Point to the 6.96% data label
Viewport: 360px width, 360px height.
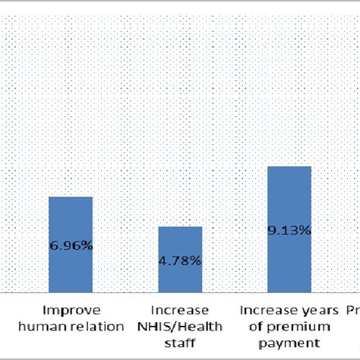[71, 245]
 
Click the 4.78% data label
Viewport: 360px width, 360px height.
[180, 261]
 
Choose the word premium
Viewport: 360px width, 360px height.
[299, 327]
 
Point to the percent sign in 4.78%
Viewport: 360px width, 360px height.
[196, 261]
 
